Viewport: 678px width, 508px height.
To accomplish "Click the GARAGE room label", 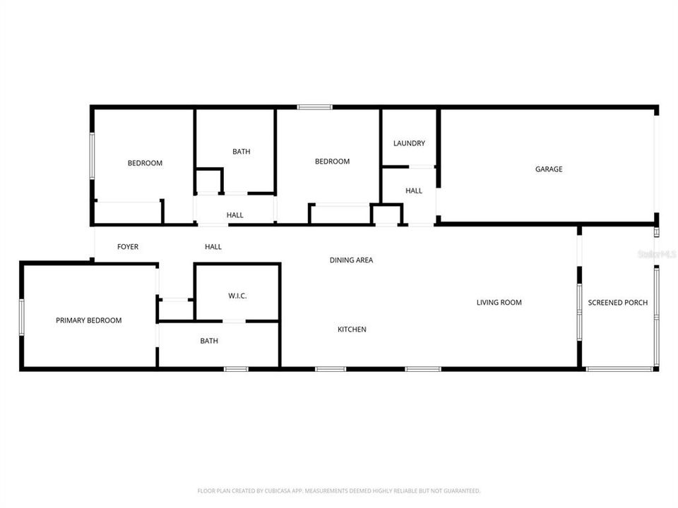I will pyautogui.click(x=549, y=169).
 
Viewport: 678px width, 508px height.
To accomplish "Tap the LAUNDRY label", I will pyautogui.click(x=409, y=144).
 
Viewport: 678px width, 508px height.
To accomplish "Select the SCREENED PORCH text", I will pyautogui.click(x=618, y=303).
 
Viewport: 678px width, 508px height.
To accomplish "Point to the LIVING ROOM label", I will pyautogui.click(x=499, y=303).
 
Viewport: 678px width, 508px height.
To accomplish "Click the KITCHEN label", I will pyautogui.click(x=352, y=329).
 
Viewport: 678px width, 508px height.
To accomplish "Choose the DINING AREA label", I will pyautogui.click(x=351, y=260).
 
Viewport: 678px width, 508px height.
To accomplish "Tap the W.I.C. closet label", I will pyautogui.click(x=237, y=296).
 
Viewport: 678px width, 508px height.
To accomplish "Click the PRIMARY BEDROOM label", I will pyautogui.click(x=88, y=320).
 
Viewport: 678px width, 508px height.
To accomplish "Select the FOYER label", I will pyautogui.click(x=128, y=247).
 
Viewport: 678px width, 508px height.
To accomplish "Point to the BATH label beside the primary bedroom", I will pyautogui.click(x=209, y=341).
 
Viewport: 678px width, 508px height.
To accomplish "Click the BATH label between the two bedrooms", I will pyautogui.click(x=242, y=152).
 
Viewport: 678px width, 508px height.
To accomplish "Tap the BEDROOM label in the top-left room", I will pyautogui.click(x=145, y=163).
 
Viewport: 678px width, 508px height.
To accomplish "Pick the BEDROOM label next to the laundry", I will pyautogui.click(x=332, y=162).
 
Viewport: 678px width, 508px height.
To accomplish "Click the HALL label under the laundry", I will pyautogui.click(x=414, y=190).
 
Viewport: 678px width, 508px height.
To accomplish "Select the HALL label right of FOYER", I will pyautogui.click(x=213, y=247).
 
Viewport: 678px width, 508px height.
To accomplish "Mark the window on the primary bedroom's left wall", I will pyautogui.click(x=22, y=316).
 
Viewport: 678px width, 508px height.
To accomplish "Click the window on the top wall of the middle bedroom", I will pyautogui.click(x=314, y=107).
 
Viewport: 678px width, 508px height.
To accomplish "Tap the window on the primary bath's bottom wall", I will pyautogui.click(x=236, y=368).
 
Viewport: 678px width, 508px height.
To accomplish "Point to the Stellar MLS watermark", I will pyautogui.click(x=657, y=253).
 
